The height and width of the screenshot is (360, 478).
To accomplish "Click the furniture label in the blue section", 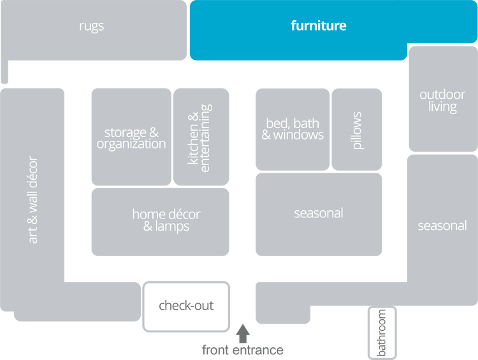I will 319,26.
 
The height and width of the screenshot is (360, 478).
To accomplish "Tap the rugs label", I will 92,26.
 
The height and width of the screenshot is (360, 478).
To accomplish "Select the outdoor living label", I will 442,101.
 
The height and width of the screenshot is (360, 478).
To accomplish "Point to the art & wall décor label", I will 33,199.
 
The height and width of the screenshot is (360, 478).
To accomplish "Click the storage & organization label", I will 131,138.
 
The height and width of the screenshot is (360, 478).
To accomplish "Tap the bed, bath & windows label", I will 293,129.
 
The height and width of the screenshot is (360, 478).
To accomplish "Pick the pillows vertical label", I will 357,131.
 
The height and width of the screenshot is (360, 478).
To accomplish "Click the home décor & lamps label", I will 161,220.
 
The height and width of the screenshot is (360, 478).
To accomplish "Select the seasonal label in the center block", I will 319,213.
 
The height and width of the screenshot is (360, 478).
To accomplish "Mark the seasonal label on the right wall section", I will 442,226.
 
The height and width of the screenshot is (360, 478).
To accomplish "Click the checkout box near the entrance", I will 186,306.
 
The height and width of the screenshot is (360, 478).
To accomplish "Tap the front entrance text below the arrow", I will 242,350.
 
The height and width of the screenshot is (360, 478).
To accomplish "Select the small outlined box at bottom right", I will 382,332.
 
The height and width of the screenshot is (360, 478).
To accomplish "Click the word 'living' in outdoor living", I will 442,107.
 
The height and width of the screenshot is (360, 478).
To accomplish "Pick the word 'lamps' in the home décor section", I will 173,226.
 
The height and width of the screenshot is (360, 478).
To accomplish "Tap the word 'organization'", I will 131,144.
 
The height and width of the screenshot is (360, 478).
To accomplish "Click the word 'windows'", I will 298,135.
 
